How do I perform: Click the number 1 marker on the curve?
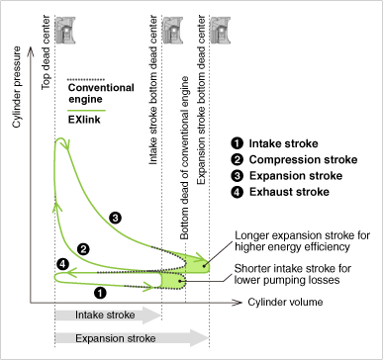tap(100, 293)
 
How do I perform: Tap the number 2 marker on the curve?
tap(83, 249)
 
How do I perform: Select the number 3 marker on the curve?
tap(115, 218)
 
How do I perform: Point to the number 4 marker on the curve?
tap(62, 264)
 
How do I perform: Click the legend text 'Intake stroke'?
tap(283, 143)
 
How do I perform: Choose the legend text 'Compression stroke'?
tap(303, 160)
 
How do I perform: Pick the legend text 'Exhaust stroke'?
tap(289, 192)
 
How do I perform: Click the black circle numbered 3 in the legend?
tap(238, 176)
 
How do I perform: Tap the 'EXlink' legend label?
tap(84, 120)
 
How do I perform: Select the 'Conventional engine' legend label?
tap(101, 93)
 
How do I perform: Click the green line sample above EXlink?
tap(86, 111)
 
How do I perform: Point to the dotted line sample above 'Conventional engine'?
tap(86, 80)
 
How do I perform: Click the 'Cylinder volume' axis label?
tap(285, 302)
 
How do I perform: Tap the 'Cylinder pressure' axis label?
tap(17, 87)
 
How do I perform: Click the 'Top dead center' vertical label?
tap(46, 52)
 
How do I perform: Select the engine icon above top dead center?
tap(65, 31)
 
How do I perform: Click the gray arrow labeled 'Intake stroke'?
tap(108, 315)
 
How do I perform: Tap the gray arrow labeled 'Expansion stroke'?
tap(132, 338)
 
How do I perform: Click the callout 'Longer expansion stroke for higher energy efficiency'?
tap(302, 241)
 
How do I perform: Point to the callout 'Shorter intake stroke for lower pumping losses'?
tap(293, 274)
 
